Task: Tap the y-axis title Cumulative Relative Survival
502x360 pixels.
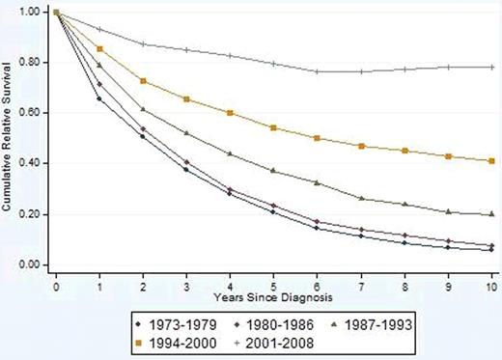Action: pos(9,138)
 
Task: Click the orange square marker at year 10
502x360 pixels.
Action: pos(491,161)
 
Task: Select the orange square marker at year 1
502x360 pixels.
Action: pos(100,49)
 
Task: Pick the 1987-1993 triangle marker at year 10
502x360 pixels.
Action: pos(491,214)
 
